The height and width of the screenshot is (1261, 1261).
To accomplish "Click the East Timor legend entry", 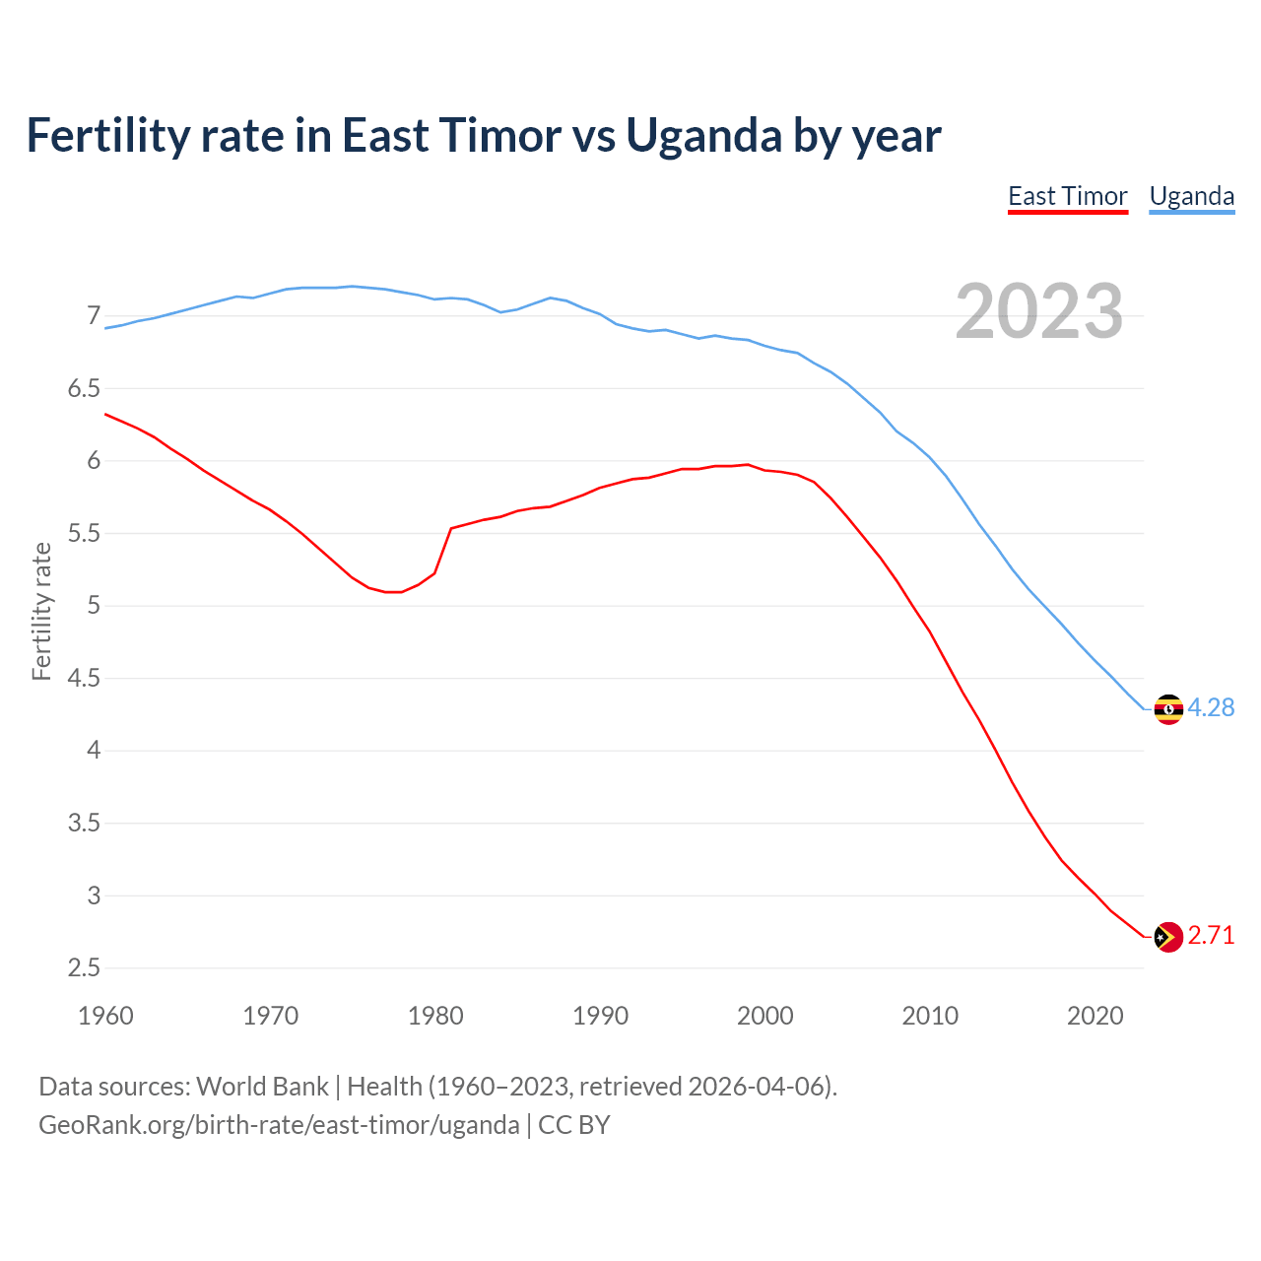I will (1067, 196).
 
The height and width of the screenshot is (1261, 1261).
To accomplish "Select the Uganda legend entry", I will (1191, 196).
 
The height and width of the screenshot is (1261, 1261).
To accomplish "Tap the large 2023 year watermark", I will (1038, 311).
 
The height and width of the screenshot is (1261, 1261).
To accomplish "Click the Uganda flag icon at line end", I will (1168, 708).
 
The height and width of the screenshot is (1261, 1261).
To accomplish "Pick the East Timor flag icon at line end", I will (1168, 936).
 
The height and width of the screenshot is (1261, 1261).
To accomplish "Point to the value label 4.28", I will (1211, 707).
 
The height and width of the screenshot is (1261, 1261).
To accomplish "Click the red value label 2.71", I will (1211, 935).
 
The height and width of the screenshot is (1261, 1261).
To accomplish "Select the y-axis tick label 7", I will (94, 316).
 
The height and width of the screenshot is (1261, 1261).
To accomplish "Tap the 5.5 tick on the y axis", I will (85, 533).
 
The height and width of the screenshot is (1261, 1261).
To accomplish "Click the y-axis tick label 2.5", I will (85, 967).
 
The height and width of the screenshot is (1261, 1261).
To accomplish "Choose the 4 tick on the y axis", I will (94, 751).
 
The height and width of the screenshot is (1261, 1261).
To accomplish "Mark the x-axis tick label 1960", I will (105, 1016).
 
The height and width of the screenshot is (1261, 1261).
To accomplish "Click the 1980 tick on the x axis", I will (435, 1016).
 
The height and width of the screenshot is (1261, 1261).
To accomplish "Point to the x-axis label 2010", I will (930, 1016).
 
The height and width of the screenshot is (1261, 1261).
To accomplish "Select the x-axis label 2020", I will (1095, 1016).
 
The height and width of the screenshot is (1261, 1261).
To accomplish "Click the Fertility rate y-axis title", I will (41, 611).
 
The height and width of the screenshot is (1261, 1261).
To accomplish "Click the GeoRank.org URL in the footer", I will (279, 1124).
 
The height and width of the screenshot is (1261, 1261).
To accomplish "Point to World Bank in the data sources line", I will (262, 1087).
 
